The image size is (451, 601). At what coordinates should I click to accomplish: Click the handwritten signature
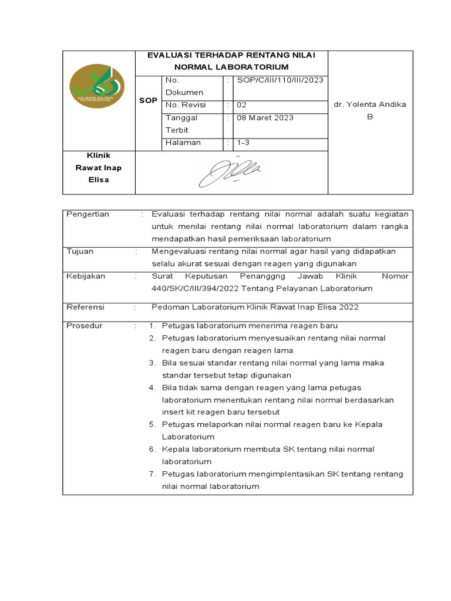(230, 172)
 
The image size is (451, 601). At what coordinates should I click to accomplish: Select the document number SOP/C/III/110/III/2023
(279, 80)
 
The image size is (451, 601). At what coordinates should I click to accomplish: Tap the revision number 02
(241, 105)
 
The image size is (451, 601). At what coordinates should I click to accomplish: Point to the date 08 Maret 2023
(265, 117)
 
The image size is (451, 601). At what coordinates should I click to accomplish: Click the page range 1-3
(244, 142)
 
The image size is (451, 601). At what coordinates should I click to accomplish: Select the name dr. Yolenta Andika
(370, 104)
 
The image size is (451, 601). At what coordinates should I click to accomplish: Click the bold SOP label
(148, 100)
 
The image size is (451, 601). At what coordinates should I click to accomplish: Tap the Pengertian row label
(87, 214)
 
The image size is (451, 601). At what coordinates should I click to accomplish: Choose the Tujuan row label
(80, 251)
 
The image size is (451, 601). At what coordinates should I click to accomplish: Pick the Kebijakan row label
(86, 276)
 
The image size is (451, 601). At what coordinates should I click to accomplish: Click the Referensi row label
(85, 306)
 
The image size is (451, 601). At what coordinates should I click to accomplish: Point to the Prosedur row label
(83, 325)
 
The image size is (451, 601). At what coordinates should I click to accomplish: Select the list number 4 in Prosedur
(152, 387)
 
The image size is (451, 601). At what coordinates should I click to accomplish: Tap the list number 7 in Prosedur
(152, 474)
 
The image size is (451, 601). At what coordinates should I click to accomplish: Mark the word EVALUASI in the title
(171, 55)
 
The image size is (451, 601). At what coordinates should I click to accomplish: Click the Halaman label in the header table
(183, 142)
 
